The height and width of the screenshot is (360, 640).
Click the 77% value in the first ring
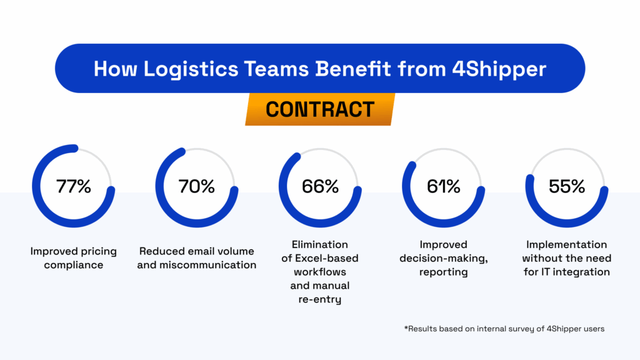tap(74, 186)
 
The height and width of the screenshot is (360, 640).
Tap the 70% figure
tap(197, 186)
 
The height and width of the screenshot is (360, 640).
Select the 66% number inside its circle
tap(320, 186)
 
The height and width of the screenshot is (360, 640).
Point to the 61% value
tap(443, 186)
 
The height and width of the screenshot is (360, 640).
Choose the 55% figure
tap(567, 186)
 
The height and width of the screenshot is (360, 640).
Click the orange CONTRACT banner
tap(320, 109)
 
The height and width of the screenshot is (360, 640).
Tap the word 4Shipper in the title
tap(499, 69)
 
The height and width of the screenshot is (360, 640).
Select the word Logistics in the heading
tap(191, 69)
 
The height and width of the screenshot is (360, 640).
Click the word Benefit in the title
tap(352, 69)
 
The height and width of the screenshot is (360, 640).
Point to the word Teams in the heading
tap(276, 69)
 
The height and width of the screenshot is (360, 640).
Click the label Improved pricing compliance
tap(74, 258)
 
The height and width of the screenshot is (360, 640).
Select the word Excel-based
tap(326, 258)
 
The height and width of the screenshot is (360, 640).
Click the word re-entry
tap(320, 299)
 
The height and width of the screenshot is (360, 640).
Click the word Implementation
tap(566, 245)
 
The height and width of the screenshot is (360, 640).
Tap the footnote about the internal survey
tap(504, 329)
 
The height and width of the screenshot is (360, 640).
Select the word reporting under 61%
tap(443, 272)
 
